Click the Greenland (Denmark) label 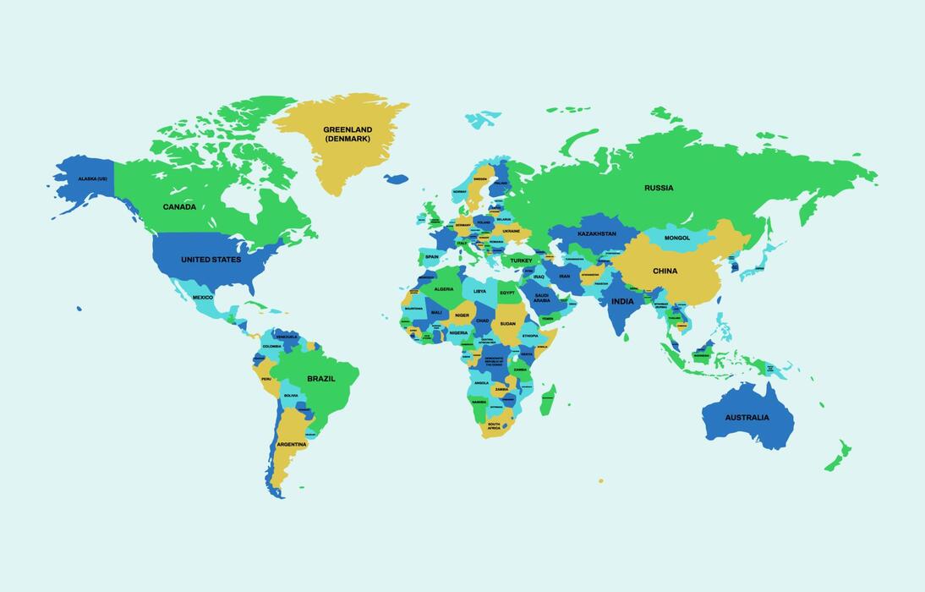click(348, 134)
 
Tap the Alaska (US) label click(93, 178)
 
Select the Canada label click(179, 206)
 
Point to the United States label click(211, 260)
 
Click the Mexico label click(203, 298)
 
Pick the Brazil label click(320, 379)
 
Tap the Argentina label click(292, 444)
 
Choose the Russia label click(659, 188)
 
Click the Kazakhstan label click(596, 233)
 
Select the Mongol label click(677, 238)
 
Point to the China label click(665, 271)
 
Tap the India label click(622, 301)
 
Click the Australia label click(747, 417)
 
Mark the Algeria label click(444, 289)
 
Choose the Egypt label click(506, 293)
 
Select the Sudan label click(507, 323)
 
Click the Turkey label click(521, 260)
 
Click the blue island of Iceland click(396, 178)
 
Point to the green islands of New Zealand click(839, 457)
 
